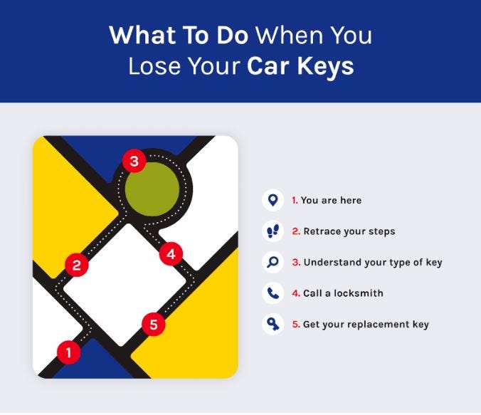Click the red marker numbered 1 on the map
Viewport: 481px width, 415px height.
[x=69, y=350]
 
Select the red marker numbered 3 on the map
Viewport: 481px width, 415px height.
[x=133, y=161]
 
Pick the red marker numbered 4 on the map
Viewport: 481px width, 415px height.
[x=171, y=253]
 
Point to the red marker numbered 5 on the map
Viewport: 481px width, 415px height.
[x=154, y=325]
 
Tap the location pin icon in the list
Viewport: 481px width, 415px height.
[x=272, y=200]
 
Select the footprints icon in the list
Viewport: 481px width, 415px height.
[x=272, y=231]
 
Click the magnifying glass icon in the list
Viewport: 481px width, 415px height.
[x=272, y=262]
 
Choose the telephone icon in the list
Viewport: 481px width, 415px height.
[x=272, y=293]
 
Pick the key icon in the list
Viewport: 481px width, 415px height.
[x=272, y=325]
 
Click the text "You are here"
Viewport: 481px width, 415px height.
[x=331, y=201]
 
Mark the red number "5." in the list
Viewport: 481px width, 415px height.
[x=295, y=325]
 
